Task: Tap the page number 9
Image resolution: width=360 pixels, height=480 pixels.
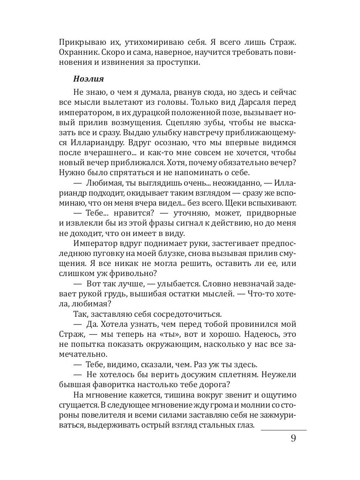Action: [x=294, y=438]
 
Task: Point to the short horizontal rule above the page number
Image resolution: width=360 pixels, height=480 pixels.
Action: [x=283, y=430]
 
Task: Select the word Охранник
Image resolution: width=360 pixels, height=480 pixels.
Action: [x=77, y=52]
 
